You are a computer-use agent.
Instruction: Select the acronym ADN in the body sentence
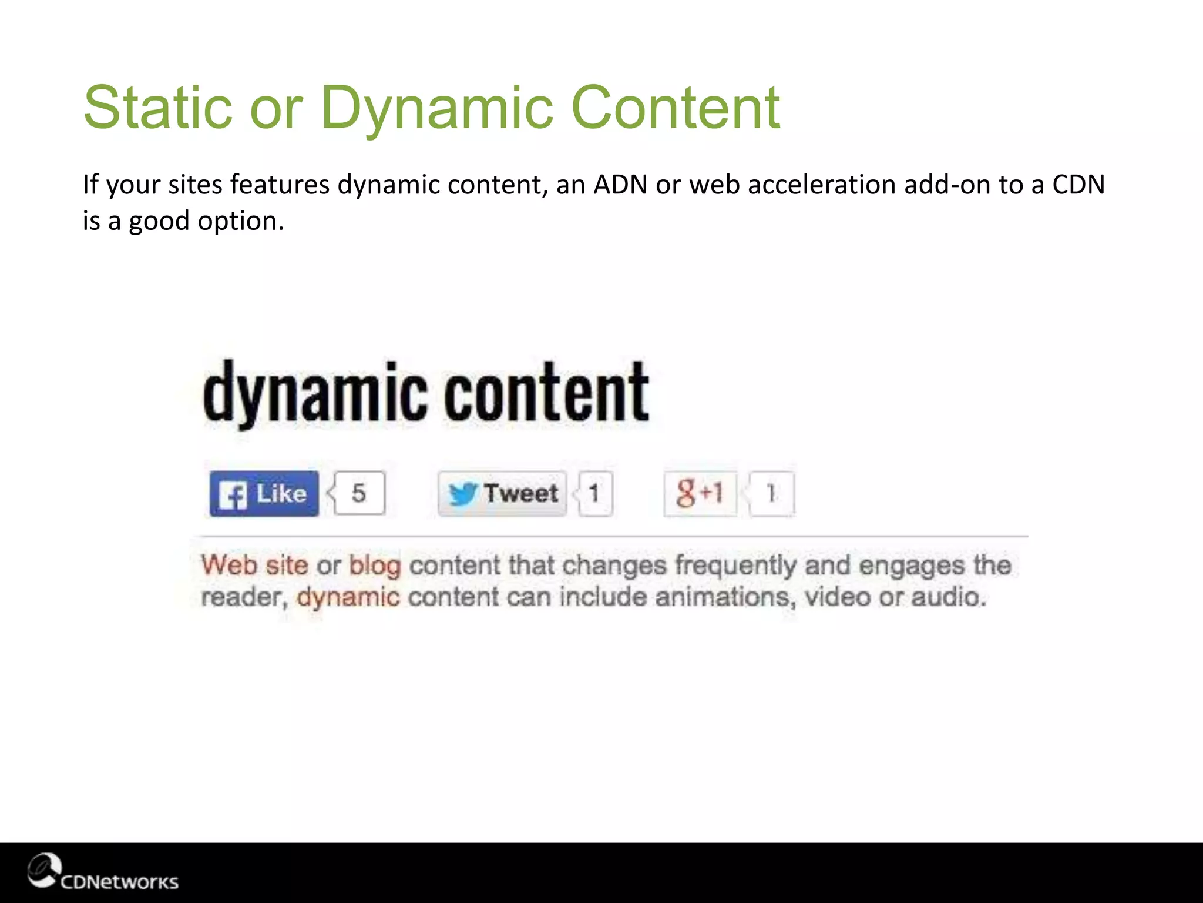click(x=620, y=185)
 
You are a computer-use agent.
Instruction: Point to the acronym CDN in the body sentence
click(x=1078, y=185)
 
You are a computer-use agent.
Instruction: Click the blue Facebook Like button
click(x=264, y=494)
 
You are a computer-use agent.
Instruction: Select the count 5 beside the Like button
click(x=359, y=493)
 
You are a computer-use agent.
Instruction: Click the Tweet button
click(x=503, y=494)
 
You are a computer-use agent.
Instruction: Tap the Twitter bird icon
click(x=462, y=494)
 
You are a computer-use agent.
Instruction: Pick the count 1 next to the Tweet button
click(x=594, y=493)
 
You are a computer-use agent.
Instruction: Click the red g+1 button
click(x=699, y=493)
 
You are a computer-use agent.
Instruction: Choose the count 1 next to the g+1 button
click(x=771, y=493)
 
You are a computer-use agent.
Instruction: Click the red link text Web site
click(x=254, y=566)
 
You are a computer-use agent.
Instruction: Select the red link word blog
click(x=375, y=566)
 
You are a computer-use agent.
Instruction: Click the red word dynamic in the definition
click(x=348, y=597)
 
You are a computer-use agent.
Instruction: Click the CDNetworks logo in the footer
click(x=103, y=874)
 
